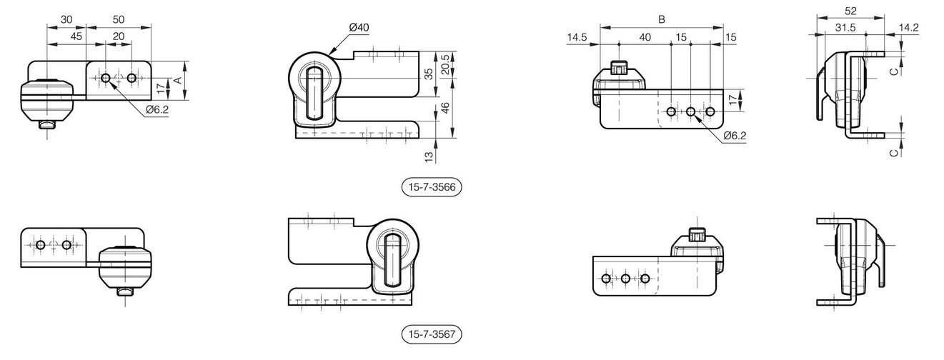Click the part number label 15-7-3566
point(432,186)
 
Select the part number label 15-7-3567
point(432,334)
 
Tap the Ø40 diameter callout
point(359,27)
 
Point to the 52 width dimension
point(851,11)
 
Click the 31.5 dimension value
point(845,27)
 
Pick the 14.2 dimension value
point(908,27)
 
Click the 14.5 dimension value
point(577,37)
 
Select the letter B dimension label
point(662,19)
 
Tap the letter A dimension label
point(179,80)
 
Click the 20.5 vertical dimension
point(445,64)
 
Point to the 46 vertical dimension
point(445,108)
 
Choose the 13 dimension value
point(429,157)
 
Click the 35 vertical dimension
point(429,74)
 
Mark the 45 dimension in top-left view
point(76,36)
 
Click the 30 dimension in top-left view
point(66,19)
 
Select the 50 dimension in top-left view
point(119,19)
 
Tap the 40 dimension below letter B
point(645,37)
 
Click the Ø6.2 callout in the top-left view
point(158,109)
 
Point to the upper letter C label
point(894,71)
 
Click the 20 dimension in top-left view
point(119,36)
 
